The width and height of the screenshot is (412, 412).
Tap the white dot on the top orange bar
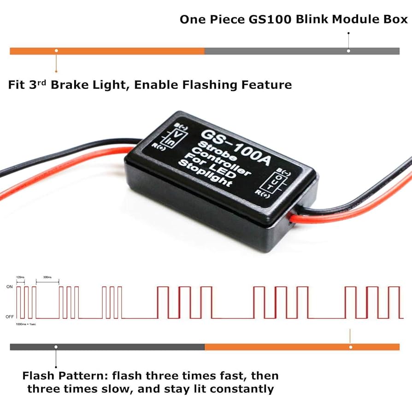click(56, 50)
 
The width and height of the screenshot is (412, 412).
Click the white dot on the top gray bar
click(349, 50)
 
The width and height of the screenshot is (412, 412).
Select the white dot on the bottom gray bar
click(56, 346)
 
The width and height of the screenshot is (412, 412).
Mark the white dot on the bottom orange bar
click(351, 346)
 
